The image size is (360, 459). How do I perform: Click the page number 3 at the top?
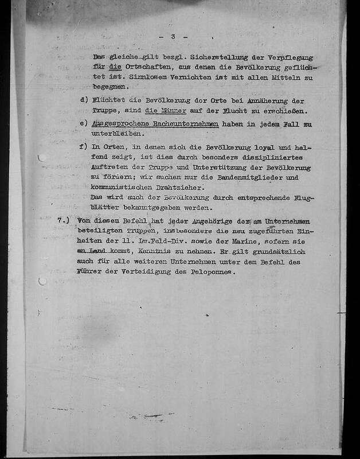172,37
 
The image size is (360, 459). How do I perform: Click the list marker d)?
85,99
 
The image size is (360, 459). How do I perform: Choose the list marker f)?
85,147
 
